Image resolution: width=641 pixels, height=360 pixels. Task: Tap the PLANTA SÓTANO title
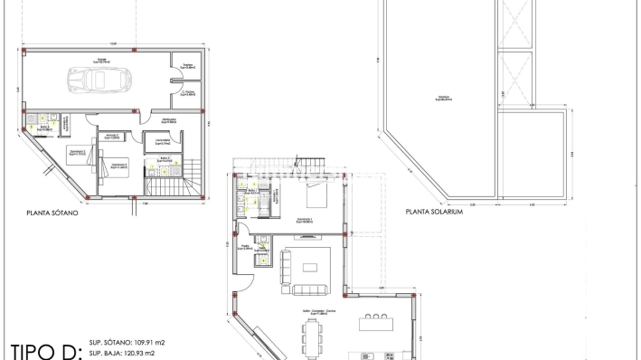(52, 213)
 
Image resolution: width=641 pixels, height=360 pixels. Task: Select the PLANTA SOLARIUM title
(434, 213)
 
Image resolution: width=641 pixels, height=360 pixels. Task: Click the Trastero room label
(187, 66)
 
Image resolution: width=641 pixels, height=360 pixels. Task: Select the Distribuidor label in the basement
(168, 119)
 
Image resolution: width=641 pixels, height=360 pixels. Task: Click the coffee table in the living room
(311, 267)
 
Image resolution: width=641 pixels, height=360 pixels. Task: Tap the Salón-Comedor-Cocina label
(313, 310)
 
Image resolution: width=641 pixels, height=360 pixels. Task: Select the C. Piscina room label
(188, 92)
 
